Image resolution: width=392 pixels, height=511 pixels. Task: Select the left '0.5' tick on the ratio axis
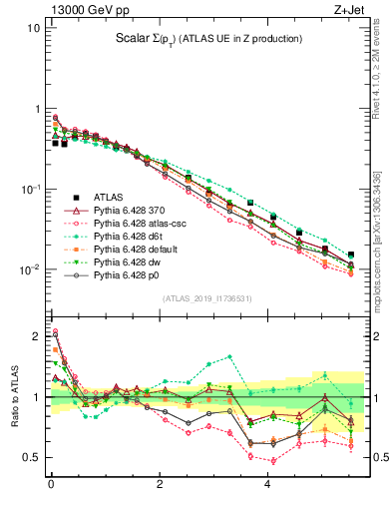[x=32, y=457]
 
